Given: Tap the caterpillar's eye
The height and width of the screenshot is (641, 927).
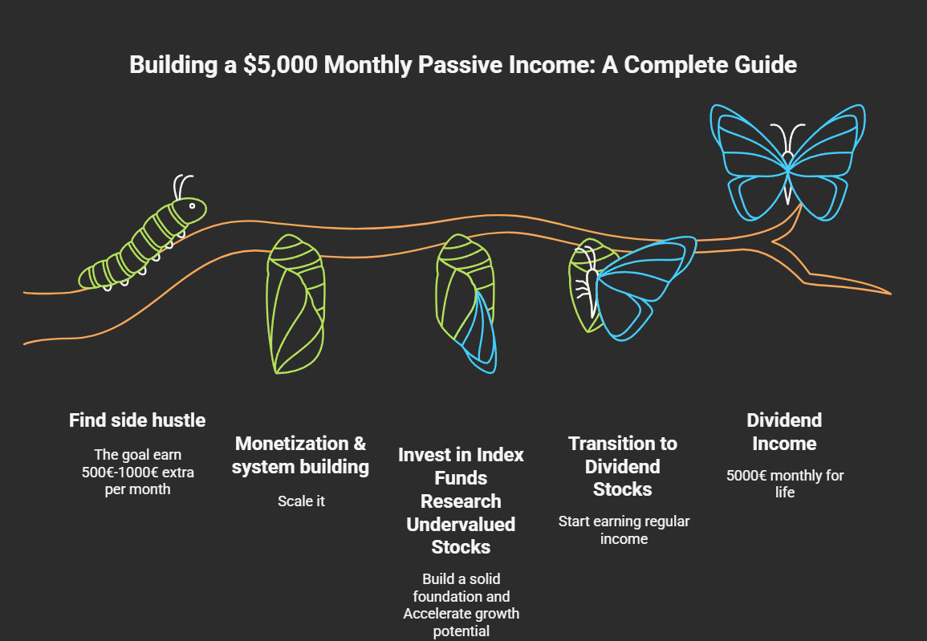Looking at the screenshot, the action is click(192, 205).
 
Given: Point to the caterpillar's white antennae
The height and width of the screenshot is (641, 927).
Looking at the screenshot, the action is click(182, 187).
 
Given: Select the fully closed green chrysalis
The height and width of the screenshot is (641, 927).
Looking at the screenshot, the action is click(295, 304).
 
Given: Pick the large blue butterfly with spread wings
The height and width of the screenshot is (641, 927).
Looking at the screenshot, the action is click(787, 163).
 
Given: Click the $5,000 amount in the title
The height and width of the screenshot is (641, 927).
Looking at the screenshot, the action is click(281, 65).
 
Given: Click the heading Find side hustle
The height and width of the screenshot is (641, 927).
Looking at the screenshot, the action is click(137, 420).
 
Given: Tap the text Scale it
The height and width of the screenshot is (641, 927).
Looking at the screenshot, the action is click(302, 501).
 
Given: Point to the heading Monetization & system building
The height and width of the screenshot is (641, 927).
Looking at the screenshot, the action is click(300, 455).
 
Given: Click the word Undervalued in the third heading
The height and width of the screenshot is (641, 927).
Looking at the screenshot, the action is click(461, 524).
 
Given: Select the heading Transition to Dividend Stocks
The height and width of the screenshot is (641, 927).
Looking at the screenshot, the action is click(623, 466).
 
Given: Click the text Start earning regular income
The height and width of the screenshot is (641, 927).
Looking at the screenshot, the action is click(624, 530).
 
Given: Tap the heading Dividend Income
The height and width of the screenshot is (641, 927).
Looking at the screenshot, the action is click(784, 432).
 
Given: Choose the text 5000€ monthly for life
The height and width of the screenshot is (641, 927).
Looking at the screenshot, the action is click(785, 484).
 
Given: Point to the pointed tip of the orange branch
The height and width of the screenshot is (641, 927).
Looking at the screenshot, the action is click(890, 293).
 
